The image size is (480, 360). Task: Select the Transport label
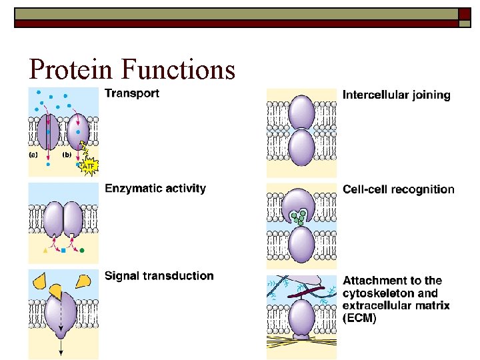point(132,93)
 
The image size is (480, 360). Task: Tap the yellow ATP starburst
point(88,165)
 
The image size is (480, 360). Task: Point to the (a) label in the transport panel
point(34,154)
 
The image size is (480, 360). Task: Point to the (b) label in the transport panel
point(67,154)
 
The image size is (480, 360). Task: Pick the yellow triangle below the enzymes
point(45,251)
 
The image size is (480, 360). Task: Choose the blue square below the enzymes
point(63,251)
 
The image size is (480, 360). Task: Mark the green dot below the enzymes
point(82,251)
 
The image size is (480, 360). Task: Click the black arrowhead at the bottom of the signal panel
point(61,353)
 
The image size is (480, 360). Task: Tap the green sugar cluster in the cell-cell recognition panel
point(299,217)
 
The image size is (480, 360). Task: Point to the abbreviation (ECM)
point(359,319)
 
